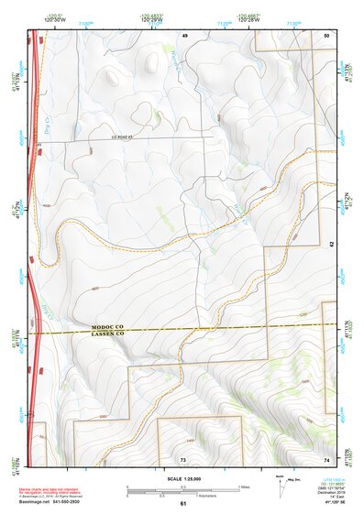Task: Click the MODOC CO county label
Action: point(112,326)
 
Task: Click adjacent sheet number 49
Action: point(183,34)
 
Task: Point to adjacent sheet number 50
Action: point(326,34)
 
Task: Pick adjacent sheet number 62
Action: point(332,243)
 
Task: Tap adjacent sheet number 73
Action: point(183,458)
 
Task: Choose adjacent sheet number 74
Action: point(326,458)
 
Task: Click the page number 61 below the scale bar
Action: point(183,503)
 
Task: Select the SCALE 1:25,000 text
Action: point(183,479)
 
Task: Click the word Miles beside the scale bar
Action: point(245,487)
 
